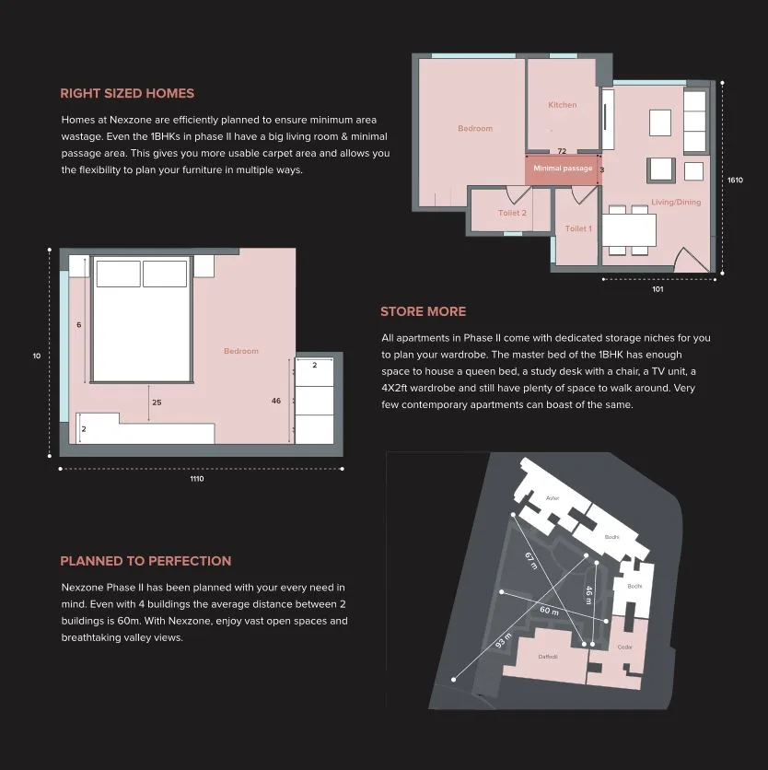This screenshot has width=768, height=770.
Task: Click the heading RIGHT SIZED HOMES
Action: [127, 93]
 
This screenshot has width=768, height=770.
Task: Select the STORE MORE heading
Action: [423, 311]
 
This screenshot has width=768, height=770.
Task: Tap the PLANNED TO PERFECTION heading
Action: [145, 561]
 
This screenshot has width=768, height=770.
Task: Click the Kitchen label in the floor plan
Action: [562, 105]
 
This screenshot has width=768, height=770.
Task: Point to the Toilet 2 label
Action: [512, 213]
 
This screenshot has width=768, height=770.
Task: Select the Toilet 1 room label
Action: [577, 228]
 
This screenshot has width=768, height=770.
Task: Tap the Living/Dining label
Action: [676, 202]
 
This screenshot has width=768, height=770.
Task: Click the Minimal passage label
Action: [562, 169]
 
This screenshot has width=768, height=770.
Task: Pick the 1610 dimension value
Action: [735, 181]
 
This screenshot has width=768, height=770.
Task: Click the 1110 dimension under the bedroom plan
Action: [197, 479]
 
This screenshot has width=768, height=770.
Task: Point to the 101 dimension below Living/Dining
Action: [657, 289]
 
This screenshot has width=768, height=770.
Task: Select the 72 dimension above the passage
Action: [562, 151]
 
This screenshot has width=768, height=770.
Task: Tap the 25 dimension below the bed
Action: [157, 402]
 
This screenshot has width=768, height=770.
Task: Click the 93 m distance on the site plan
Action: [503, 640]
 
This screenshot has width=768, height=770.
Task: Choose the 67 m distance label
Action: [530, 560]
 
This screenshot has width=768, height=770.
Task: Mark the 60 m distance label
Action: [549, 611]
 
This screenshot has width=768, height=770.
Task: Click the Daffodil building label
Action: [548, 657]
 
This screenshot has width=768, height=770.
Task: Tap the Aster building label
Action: [553, 498]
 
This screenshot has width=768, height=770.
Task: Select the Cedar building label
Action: [625, 647]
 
